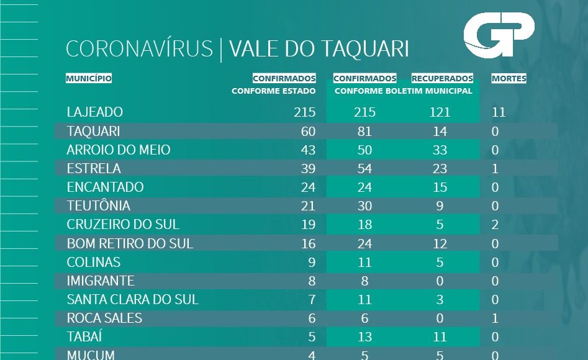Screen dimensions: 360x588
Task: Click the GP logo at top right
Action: click(x=499, y=36)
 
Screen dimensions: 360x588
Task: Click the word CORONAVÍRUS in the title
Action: click(x=139, y=49)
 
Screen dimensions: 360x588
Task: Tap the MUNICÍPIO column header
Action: click(x=89, y=79)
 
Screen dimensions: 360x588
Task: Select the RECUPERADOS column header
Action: click(x=442, y=79)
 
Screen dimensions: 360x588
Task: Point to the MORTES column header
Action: click(x=509, y=79)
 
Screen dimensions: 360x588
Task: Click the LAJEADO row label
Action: click(x=94, y=112)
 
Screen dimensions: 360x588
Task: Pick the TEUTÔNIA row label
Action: click(x=99, y=206)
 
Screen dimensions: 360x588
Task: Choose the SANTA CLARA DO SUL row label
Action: click(x=132, y=300)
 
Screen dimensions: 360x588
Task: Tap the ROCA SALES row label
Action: click(x=104, y=318)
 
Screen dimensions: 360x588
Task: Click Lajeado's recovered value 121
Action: click(x=440, y=112)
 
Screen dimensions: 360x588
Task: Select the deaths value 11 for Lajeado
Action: click(x=498, y=112)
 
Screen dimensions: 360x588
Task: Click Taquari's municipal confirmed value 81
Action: click(x=364, y=132)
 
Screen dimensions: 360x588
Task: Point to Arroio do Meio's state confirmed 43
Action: click(x=308, y=150)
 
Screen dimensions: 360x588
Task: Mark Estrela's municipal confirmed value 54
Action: click(x=364, y=169)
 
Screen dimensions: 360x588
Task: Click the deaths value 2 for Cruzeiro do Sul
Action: click(x=495, y=225)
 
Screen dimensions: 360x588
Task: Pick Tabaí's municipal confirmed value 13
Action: click(x=364, y=337)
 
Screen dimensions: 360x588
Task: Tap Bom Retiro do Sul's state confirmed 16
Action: click(x=308, y=243)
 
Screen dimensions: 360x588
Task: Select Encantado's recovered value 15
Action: click(x=440, y=187)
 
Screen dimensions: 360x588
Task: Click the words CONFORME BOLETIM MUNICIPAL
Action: click(x=404, y=91)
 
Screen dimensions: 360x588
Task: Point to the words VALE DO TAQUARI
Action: click(x=319, y=49)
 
